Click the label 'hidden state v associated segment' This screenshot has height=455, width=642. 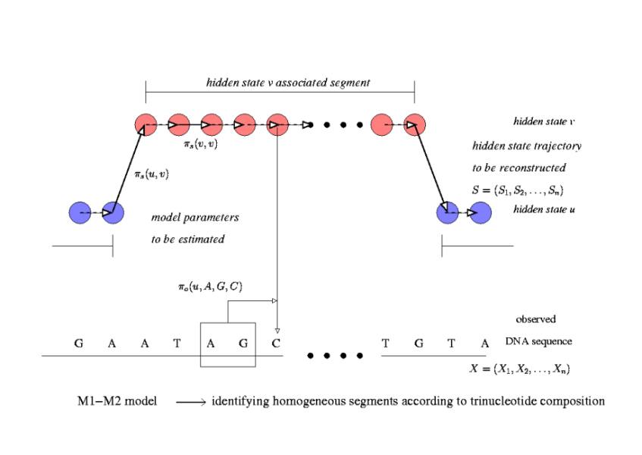[x=288, y=82]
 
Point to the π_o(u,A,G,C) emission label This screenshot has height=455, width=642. [x=210, y=285]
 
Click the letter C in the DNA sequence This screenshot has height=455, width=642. [x=276, y=343]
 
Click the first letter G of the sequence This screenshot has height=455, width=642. [x=78, y=343]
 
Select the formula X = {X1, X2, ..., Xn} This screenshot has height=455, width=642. [x=521, y=369]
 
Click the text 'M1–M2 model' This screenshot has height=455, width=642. [x=114, y=400]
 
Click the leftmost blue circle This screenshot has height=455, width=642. [x=80, y=214]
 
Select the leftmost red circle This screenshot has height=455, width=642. [x=145, y=124]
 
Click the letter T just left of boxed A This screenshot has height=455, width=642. [x=177, y=343]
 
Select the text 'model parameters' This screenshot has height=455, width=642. [x=195, y=218]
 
